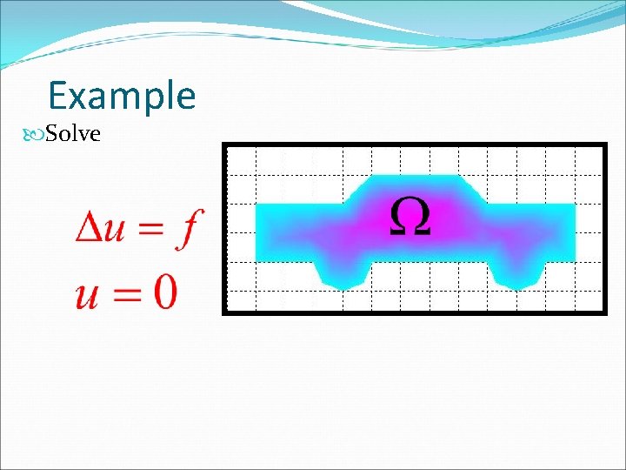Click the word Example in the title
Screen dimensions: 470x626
point(122,96)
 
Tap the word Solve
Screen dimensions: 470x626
point(73,134)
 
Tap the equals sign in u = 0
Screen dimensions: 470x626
point(123,294)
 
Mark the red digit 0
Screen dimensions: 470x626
point(163,291)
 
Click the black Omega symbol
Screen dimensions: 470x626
point(409,216)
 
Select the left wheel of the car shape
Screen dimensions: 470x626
point(344,273)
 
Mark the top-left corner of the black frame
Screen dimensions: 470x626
point(224,144)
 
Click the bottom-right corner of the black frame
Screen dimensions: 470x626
point(604,311)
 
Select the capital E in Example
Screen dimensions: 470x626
point(60,95)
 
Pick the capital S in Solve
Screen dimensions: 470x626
point(51,134)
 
